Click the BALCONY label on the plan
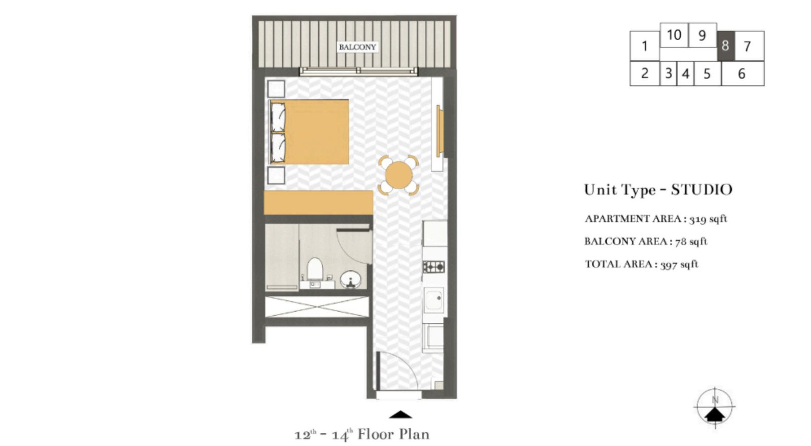[357, 47]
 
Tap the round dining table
[398, 175]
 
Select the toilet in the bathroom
[315, 269]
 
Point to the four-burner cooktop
[434, 266]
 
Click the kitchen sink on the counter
[434, 300]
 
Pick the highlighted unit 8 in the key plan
[725, 46]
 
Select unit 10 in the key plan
[674, 35]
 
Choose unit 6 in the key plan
[742, 74]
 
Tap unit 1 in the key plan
[644, 46]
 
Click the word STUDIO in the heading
[702, 190]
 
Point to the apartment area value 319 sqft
[708, 219]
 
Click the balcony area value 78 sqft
[691, 242]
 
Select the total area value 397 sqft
[679, 264]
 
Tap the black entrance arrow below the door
[400, 415]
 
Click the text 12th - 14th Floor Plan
[362, 435]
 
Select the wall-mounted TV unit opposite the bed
[439, 131]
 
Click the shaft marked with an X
[317, 306]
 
